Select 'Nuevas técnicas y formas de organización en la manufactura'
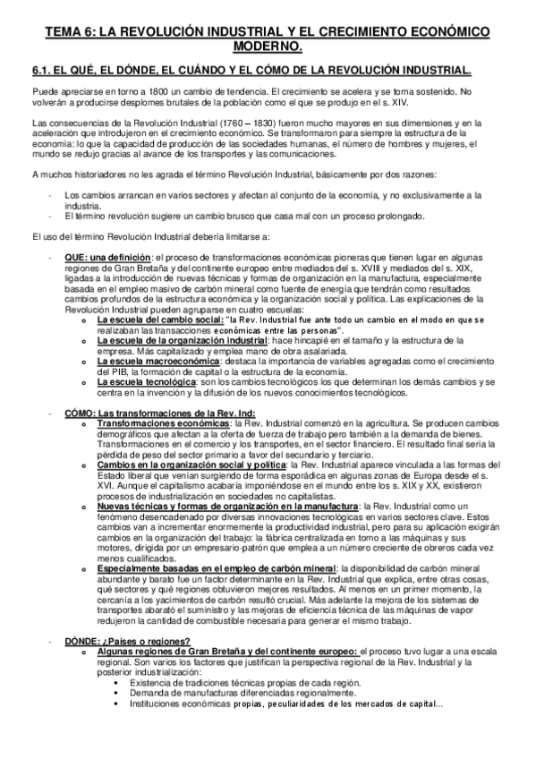[x=226, y=507]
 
